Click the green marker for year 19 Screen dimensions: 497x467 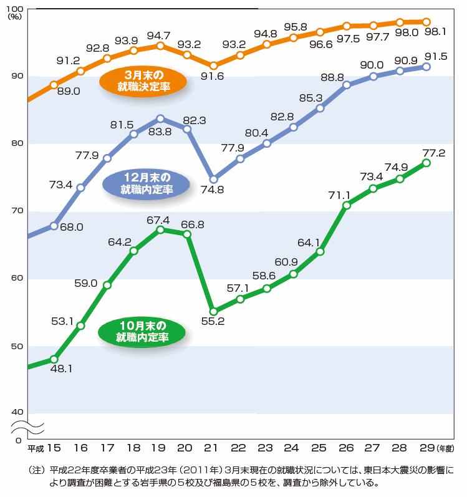[x=160, y=229]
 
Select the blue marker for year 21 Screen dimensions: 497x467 [x=213, y=179]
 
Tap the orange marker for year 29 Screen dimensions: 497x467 [x=426, y=22]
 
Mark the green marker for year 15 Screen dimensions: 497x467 [x=54, y=359]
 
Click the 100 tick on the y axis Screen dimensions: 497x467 [x=16, y=8]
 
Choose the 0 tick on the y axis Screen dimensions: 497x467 [x=18, y=440]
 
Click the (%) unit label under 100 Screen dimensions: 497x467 [x=14, y=17]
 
